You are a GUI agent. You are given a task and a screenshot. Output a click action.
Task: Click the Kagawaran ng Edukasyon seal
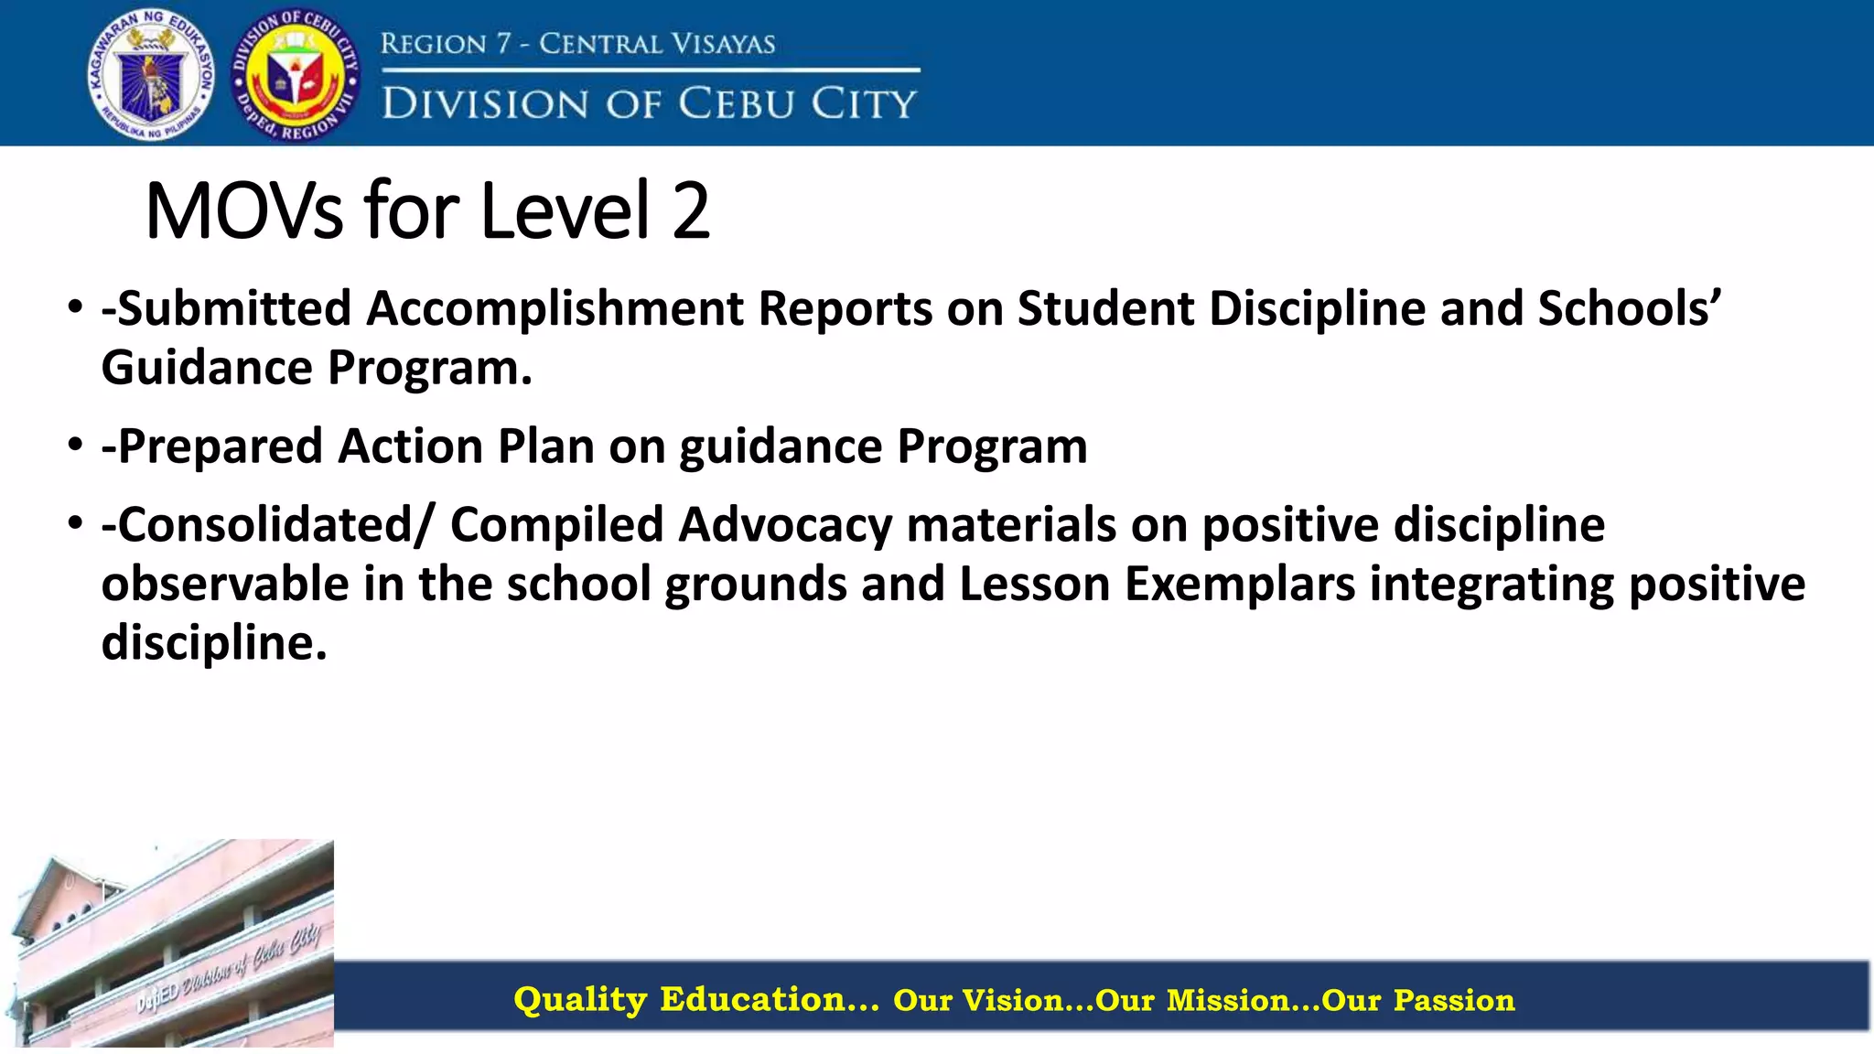(x=151, y=73)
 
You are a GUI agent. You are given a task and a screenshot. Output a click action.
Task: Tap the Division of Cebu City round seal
(x=295, y=75)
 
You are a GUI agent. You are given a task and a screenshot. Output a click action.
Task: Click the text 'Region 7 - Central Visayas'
(x=577, y=43)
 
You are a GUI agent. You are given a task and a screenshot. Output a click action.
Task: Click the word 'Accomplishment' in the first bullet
(x=555, y=308)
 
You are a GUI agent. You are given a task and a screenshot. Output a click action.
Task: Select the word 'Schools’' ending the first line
(x=1629, y=308)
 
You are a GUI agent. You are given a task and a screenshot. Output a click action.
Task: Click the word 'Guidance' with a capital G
(x=207, y=368)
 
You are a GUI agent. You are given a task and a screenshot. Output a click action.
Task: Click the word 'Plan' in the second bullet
(x=545, y=446)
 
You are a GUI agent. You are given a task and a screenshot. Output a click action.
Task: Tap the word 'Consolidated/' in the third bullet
(x=269, y=525)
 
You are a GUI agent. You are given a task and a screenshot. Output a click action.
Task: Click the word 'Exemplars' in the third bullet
(x=1239, y=584)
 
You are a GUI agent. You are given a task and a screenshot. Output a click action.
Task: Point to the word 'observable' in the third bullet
(x=225, y=584)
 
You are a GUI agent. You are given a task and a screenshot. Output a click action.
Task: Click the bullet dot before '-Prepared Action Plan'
(x=75, y=446)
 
